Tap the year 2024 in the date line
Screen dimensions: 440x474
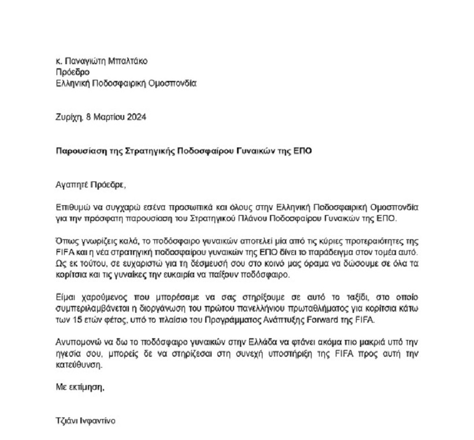(x=135, y=116)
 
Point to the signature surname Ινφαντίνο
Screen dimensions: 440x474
(x=95, y=421)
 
